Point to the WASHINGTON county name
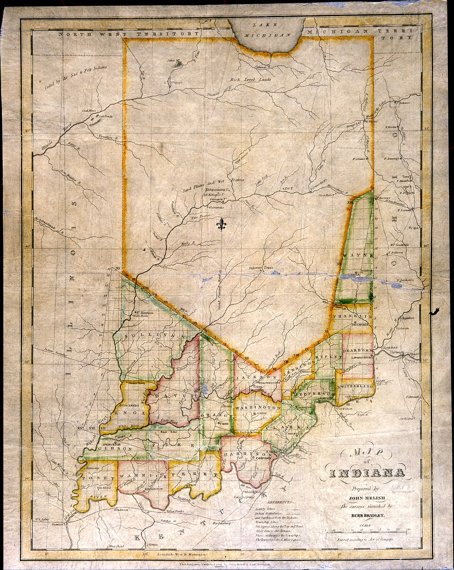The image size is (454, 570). coord(258,406)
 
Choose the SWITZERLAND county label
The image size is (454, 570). coord(356,386)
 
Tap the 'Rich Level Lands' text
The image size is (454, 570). coord(250,80)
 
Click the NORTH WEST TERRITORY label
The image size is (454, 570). coord(128,34)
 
